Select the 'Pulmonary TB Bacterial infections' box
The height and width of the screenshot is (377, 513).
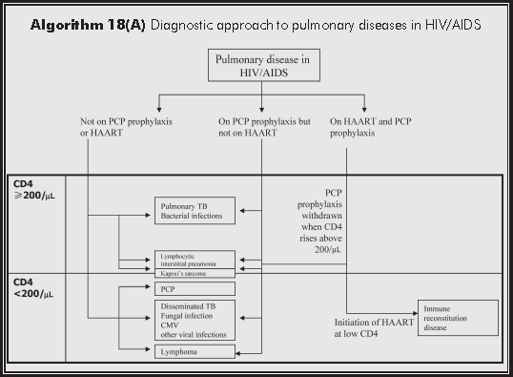point(193,211)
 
